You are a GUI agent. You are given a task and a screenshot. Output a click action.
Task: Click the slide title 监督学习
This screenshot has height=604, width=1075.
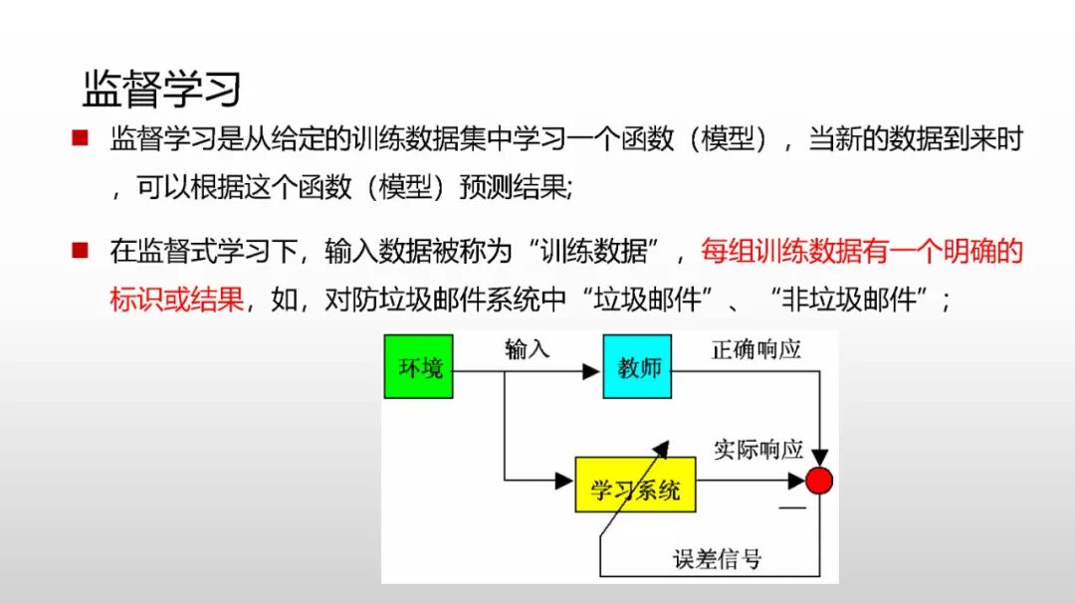coord(161,90)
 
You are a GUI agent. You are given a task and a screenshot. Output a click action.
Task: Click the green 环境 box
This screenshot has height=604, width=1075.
coord(419,368)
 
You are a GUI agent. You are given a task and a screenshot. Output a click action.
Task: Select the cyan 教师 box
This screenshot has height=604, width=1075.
coord(637,368)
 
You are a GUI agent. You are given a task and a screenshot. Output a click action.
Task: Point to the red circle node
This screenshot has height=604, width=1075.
coord(819,482)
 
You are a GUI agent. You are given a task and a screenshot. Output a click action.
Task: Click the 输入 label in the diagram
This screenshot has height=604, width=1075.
coord(528,349)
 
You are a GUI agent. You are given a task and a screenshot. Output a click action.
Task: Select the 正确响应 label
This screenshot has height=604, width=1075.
coord(756,349)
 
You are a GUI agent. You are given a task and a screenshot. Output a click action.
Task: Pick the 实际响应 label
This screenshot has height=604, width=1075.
coord(758,449)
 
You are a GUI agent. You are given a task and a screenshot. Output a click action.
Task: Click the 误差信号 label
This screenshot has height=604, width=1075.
coord(718,558)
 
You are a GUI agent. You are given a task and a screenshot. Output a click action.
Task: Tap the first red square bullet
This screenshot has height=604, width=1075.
coord(81,138)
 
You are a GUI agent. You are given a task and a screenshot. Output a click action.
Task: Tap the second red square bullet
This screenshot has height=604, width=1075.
coord(81,250)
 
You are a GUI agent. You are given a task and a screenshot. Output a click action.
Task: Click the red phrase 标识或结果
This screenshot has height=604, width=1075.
coord(177,300)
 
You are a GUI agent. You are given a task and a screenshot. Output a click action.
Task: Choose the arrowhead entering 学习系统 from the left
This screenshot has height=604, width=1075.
coord(565,482)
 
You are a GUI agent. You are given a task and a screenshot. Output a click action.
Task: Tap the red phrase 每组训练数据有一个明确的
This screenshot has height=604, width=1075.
coord(861,251)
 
